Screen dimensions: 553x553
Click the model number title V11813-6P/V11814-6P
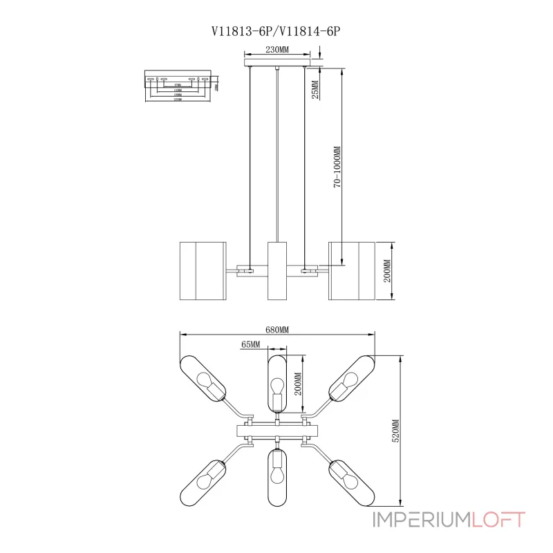276,30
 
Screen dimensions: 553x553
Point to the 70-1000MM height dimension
337,166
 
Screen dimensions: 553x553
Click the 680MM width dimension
276,330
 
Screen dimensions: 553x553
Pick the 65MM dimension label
251,344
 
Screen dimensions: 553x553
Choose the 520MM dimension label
395,430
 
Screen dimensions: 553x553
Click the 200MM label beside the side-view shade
387,271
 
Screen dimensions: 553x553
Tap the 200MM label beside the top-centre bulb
299,384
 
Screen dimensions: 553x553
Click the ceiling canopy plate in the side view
276,64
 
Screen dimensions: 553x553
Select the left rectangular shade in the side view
203,270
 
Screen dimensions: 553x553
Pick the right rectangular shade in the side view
350,270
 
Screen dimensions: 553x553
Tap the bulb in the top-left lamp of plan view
205,381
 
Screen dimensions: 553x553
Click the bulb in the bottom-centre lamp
276,475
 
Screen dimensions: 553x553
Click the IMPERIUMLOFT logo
449,520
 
